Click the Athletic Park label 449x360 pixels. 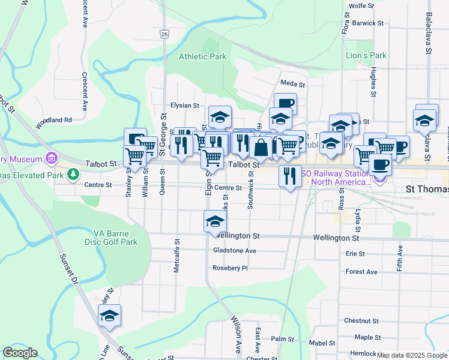coord(202,57)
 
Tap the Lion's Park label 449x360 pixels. coord(366,56)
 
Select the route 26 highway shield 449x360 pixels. coord(164,35)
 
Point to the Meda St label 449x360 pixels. coord(293,84)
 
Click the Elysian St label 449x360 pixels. coord(184,106)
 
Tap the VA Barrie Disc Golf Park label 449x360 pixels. coord(115,238)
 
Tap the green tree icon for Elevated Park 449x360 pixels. coord(73,175)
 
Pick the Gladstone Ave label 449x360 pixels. coord(234,251)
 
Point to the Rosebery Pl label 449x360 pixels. coord(230,268)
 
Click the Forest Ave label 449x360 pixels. coord(361,272)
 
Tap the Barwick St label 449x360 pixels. coord(368,23)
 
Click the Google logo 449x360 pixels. coord(19,353)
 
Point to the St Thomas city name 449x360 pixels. coord(427,190)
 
